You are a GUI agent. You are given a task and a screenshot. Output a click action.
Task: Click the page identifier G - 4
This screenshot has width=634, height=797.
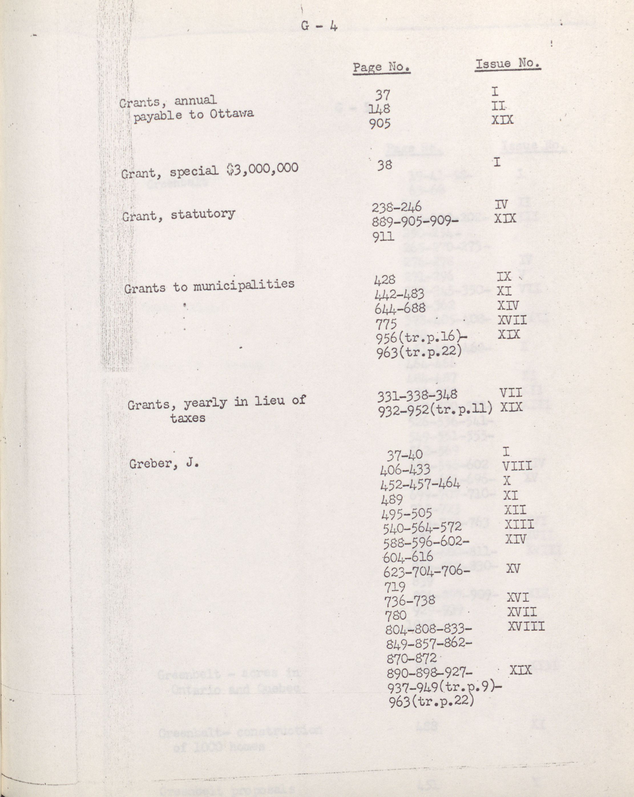coord(319,26)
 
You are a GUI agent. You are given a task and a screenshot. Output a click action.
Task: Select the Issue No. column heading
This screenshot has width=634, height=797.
coord(508,64)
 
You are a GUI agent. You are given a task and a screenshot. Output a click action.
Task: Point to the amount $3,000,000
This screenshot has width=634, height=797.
coord(262,169)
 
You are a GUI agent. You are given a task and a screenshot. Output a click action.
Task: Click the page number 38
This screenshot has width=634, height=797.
coord(384,165)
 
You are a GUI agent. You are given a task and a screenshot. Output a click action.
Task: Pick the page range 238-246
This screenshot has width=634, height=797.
coord(397,207)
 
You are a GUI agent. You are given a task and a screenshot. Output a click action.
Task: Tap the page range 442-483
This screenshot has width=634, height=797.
coord(399,294)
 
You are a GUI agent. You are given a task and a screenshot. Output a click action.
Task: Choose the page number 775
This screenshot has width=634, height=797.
coord(386,324)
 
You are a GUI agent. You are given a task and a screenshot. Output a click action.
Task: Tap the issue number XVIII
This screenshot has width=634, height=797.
coord(526,626)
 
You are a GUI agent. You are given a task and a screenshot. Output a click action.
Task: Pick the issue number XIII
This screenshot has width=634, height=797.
coord(519,524)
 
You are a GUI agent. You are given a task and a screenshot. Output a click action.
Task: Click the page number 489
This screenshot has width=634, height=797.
coord(392,499)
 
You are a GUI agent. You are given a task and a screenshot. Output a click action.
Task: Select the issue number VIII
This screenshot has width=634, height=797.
coord(517,466)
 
